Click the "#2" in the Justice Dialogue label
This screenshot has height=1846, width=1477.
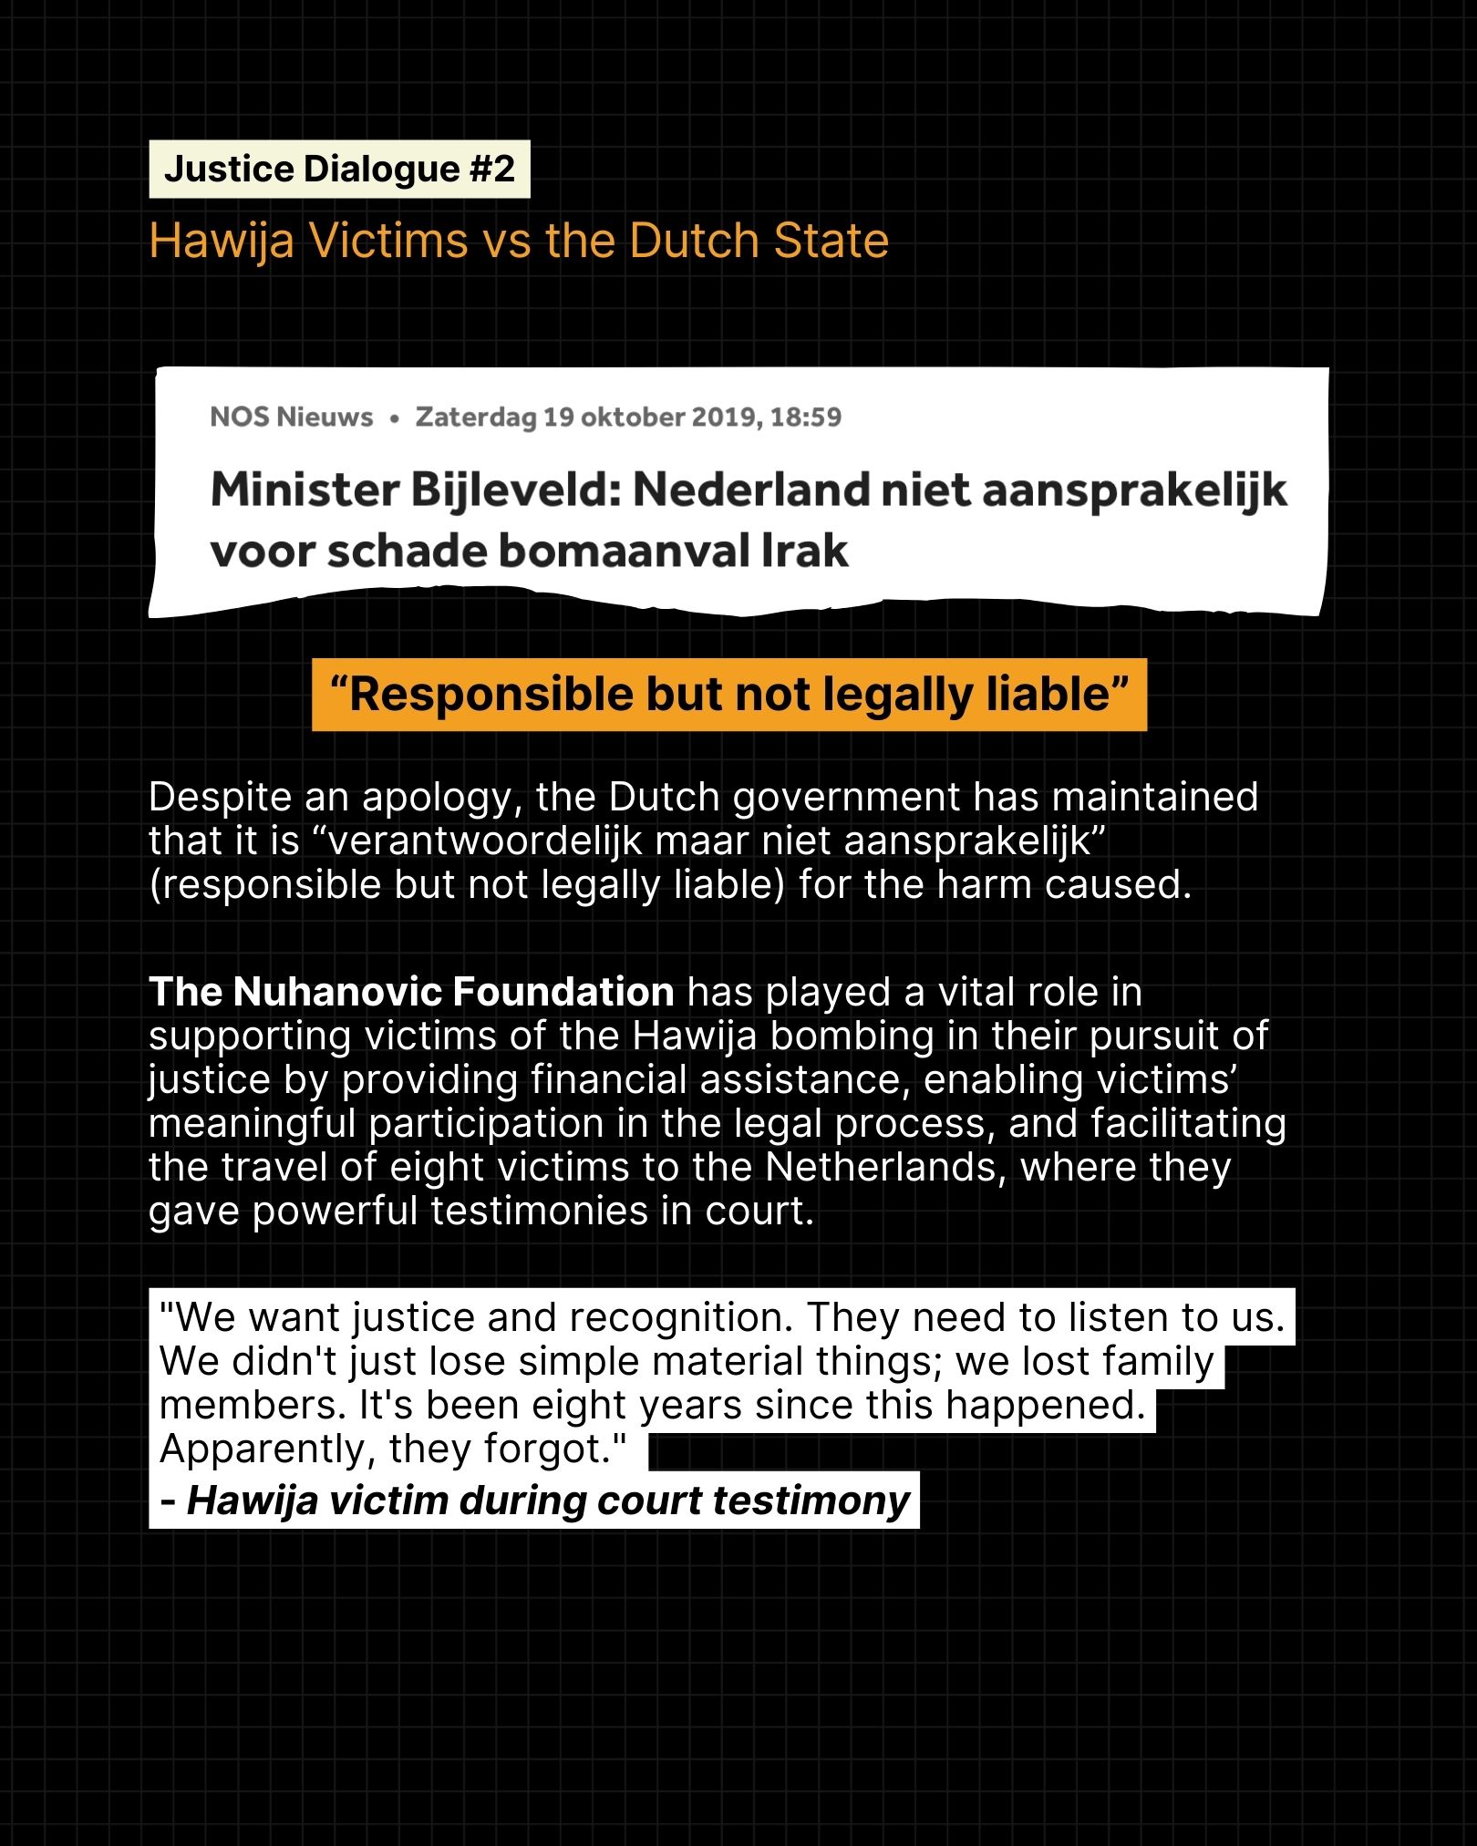[492, 170]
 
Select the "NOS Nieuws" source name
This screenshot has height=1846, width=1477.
[291, 418]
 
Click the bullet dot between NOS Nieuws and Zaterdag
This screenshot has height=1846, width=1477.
[394, 418]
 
